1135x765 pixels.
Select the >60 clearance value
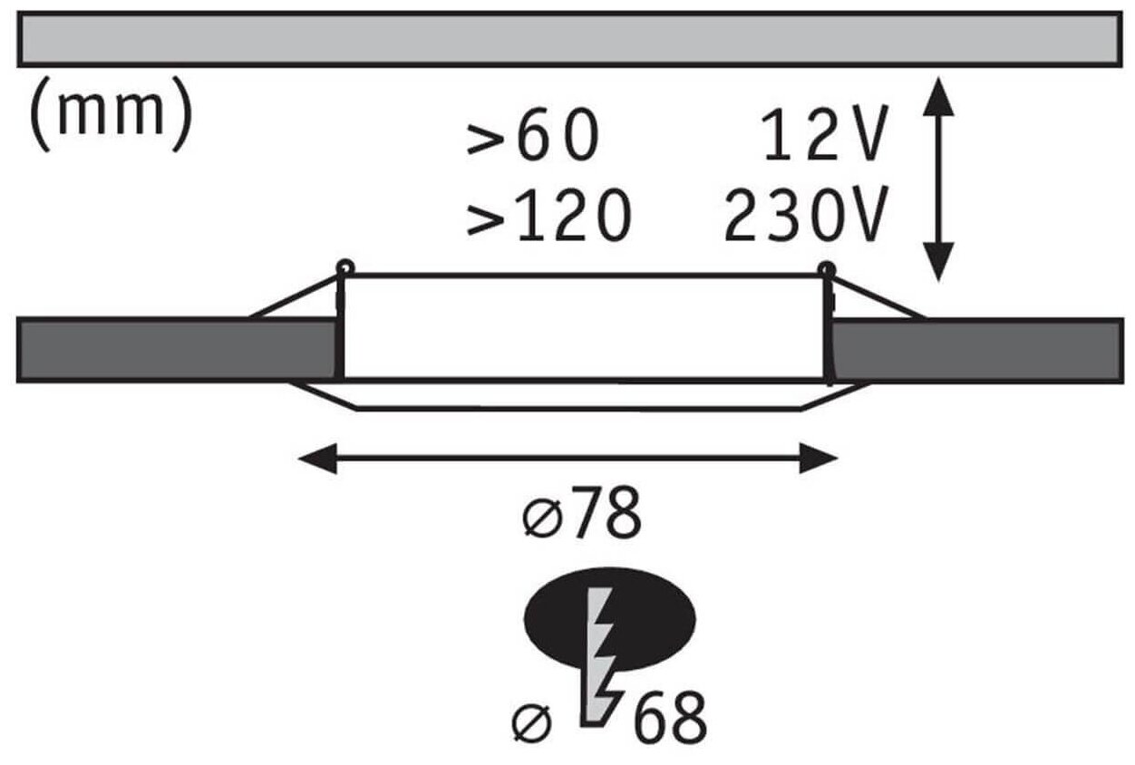tap(534, 138)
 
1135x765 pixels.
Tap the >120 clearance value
tap(548, 218)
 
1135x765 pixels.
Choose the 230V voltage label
tap(803, 218)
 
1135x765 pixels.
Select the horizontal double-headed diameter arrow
tap(567, 459)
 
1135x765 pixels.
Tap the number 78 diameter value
tap(609, 515)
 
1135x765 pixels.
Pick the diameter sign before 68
tap(531, 721)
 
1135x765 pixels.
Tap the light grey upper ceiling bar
tap(568, 39)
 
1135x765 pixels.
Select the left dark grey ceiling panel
tap(178, 349)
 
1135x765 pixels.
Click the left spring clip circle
tap(344, 267)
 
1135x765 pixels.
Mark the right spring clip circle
tap(826, 267)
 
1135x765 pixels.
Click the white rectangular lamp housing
tap(586, 326)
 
